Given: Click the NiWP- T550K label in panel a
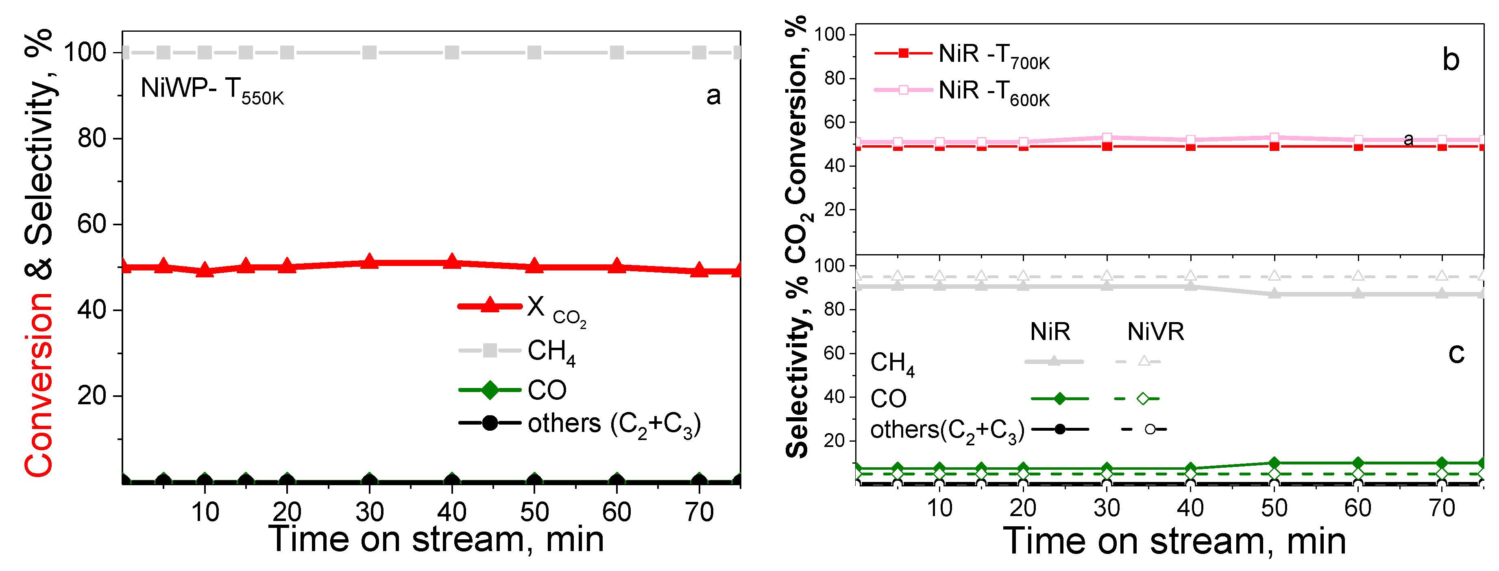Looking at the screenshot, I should coord(212,90).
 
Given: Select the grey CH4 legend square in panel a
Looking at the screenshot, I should coord(490,351).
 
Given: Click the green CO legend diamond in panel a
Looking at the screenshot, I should coord(490,389).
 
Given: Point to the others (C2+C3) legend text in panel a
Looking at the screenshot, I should coord(614,424).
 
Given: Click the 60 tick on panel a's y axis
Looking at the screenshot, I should coord(92,224).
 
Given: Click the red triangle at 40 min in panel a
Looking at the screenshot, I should coord(451,262).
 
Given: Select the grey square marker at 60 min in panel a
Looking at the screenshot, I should coord(617,52).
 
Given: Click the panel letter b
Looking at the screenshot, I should coord(1451,60).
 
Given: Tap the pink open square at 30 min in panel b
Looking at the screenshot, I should coord(1107,138).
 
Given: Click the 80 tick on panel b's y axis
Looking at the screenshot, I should coord(834,78).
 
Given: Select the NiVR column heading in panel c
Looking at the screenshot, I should coord(1155,332).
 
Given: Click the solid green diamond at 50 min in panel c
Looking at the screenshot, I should coord(1275,463).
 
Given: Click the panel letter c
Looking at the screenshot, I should coord(1456,353).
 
